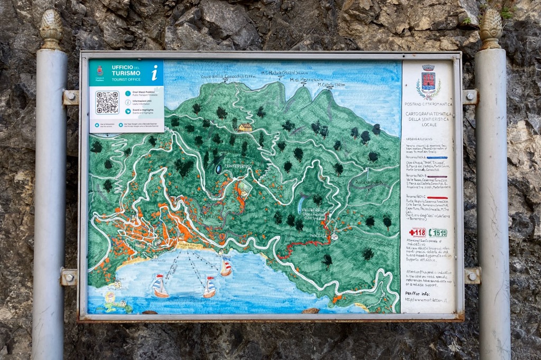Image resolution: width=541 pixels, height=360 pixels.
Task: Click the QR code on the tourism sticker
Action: point(107,102)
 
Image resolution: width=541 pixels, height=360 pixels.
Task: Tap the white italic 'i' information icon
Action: point(154,72)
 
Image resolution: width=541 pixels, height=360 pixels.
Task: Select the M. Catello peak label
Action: point(331,84)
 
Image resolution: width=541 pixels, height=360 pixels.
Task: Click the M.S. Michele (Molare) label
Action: point(285,72)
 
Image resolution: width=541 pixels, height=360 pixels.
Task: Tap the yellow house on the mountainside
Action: point(245,127)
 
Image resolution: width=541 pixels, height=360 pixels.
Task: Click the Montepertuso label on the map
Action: point(238,166)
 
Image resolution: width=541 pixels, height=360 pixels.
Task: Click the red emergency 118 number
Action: point(417,232)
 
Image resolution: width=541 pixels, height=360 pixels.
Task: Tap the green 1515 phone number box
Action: point(437,232)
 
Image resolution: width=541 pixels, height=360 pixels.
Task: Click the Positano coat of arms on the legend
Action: point(428,82)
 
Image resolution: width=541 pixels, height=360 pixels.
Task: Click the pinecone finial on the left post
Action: point(51,29)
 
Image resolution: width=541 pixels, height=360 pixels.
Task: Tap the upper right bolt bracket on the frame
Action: point(470,97)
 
